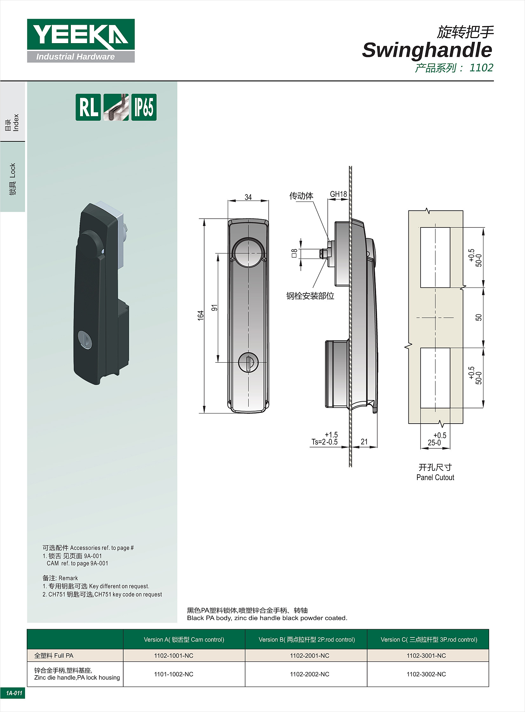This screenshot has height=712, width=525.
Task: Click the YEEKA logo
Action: pos(81,40)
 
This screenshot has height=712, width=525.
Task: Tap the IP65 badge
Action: pos(144,107)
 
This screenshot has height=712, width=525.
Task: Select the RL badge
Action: pos(88,107)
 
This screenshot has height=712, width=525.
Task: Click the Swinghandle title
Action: pos(427,50)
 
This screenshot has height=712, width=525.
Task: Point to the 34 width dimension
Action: pos(248,197)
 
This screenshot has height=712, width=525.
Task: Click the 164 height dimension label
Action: pos(200,315)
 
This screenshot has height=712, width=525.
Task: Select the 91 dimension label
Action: pos(214,307)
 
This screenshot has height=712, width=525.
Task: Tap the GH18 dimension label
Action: pos(338,194)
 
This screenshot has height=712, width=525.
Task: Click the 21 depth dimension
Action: pos(364,442)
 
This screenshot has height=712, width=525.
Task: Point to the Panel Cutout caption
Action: pos(435,478)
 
